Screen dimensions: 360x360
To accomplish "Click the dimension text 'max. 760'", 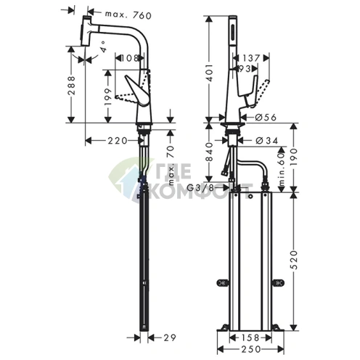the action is (x=128, y=15).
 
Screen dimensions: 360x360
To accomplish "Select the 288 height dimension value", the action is (x=72, y=86).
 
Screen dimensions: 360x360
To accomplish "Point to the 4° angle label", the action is (x=103, y=46).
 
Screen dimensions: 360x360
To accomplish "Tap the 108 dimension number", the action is (x=129, y=58).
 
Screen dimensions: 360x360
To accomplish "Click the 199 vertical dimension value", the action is (x=108, y=97).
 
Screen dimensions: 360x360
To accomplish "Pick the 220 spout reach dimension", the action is (x=118, y=141).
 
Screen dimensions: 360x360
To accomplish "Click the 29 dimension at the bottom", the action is (x=169, y=338).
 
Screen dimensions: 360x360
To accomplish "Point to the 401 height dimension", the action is (x=209, y=73).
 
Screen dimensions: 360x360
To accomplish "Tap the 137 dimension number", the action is (x=251, y=58).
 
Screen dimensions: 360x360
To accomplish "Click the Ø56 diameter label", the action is (x=266, y=118).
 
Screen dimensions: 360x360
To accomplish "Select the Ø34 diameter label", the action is (x=267, y=141).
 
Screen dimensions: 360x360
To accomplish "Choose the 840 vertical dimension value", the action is (x=209, y=152).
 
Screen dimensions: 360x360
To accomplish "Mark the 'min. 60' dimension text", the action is (x=281, y=169).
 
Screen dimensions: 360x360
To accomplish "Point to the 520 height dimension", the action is (x=294, y=260).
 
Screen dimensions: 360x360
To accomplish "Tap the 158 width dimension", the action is (x=250, y=337).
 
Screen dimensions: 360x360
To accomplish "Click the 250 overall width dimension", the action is (x=251, y=349).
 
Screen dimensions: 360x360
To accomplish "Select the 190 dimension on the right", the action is (x=294, y=157).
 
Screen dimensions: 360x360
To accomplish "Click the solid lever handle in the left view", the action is (x=136, y=91).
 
